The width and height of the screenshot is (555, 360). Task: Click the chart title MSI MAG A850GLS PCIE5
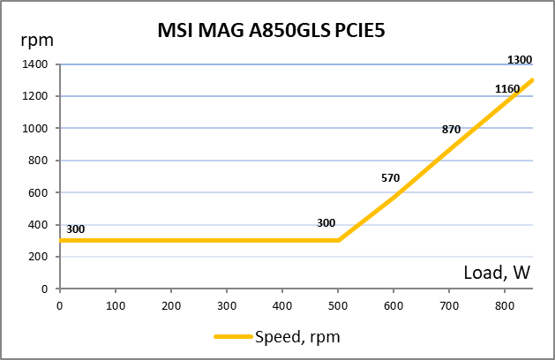tap(271, 33)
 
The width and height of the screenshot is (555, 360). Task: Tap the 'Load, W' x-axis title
tap(497, 273)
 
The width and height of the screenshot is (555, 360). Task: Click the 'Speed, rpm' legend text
tap(297, 336)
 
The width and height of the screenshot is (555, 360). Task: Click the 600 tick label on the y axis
tap(38, 192)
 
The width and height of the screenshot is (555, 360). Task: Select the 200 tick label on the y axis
tap(38, 257)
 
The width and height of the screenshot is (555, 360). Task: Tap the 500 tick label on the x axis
tap(338, 306)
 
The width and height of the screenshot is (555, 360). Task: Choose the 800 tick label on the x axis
tap(505, 306)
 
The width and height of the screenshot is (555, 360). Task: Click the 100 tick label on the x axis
tap(116, 306)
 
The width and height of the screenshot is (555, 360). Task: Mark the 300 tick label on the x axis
tap(227, 306)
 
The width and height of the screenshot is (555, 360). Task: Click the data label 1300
tap(520, 60)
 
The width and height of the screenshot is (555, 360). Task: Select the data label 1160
tap(507, 88)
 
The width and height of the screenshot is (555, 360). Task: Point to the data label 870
tap(451, 129)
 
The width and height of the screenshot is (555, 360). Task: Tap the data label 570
tap(391, 177)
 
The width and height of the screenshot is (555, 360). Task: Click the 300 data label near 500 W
tap(326, 222)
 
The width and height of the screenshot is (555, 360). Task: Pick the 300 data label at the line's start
tap(76, 229)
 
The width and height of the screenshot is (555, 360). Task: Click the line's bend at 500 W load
tap(338, 240)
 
